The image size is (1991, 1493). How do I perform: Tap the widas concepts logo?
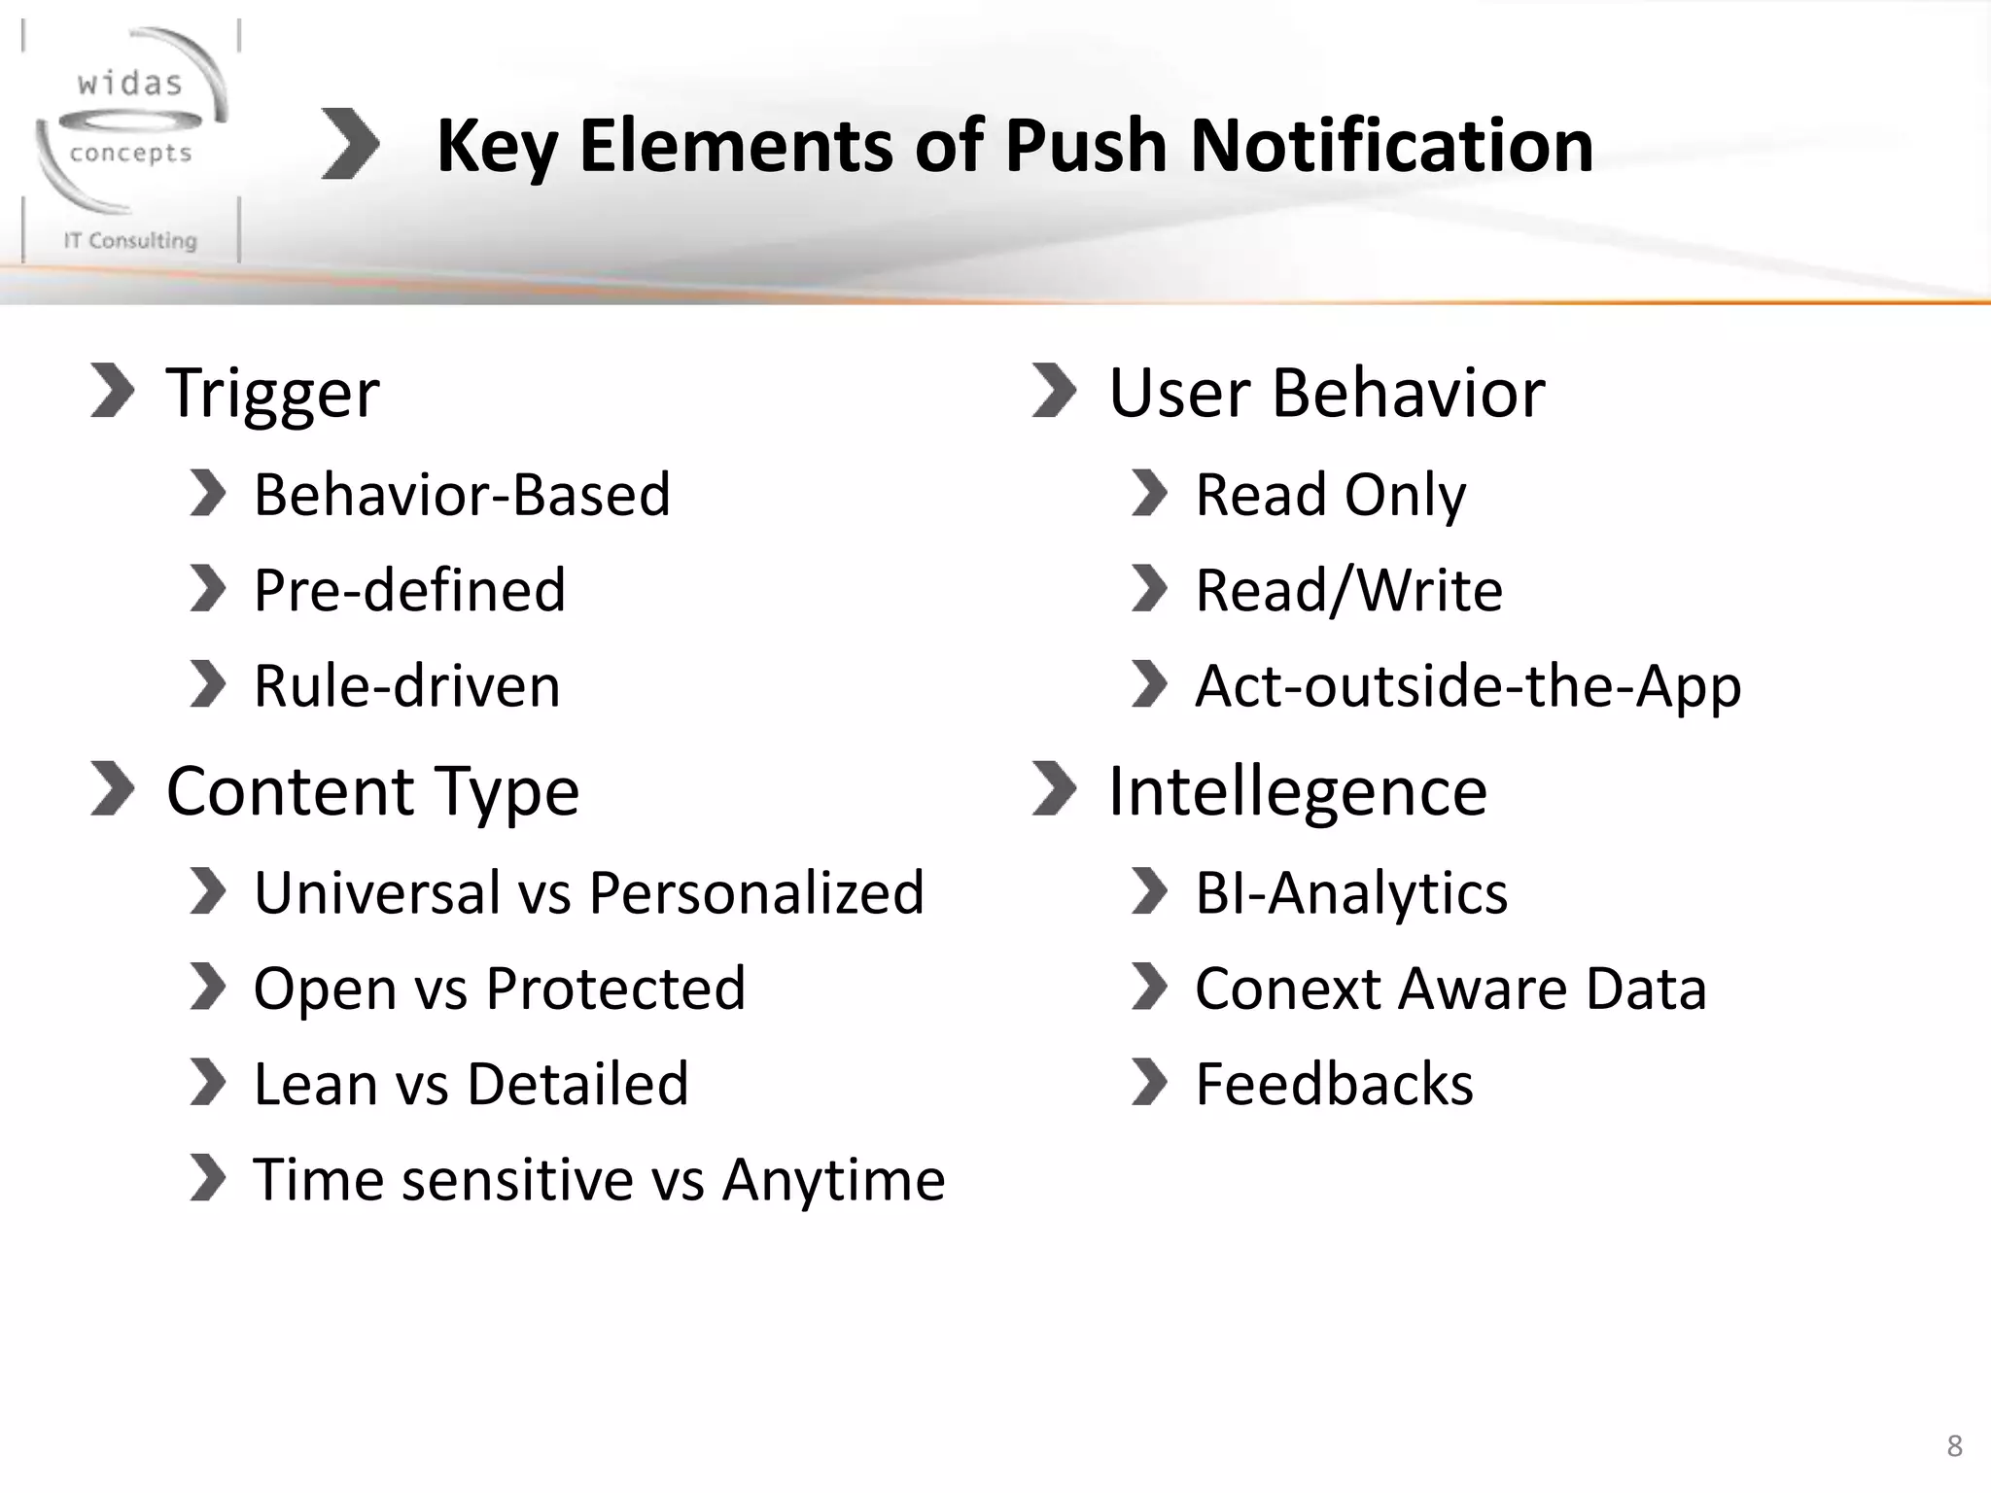click(131, 141)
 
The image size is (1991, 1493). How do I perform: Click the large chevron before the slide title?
click(350, 145)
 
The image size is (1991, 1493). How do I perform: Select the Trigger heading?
click(272, 394)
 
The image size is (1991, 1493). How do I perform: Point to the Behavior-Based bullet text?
click(462, 495)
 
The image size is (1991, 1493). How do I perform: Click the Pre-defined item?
click(409, 590)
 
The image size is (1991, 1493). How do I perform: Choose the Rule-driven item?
click(406, 686)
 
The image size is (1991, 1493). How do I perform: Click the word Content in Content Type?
click(291, 791)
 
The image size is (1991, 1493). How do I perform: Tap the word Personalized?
click(756, 892)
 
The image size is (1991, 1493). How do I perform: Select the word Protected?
click(615, 989)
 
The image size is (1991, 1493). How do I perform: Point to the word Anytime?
click(833, 1180)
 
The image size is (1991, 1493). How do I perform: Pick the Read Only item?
click(1330, 495)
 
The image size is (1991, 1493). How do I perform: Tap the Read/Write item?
click(1348, 590)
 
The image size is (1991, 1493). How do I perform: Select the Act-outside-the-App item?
click(1468, 686)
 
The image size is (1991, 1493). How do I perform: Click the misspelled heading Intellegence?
click(1298, 791)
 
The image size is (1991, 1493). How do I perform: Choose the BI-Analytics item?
click(1351, 892)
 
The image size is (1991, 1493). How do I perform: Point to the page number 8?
click(1955, 1446)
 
